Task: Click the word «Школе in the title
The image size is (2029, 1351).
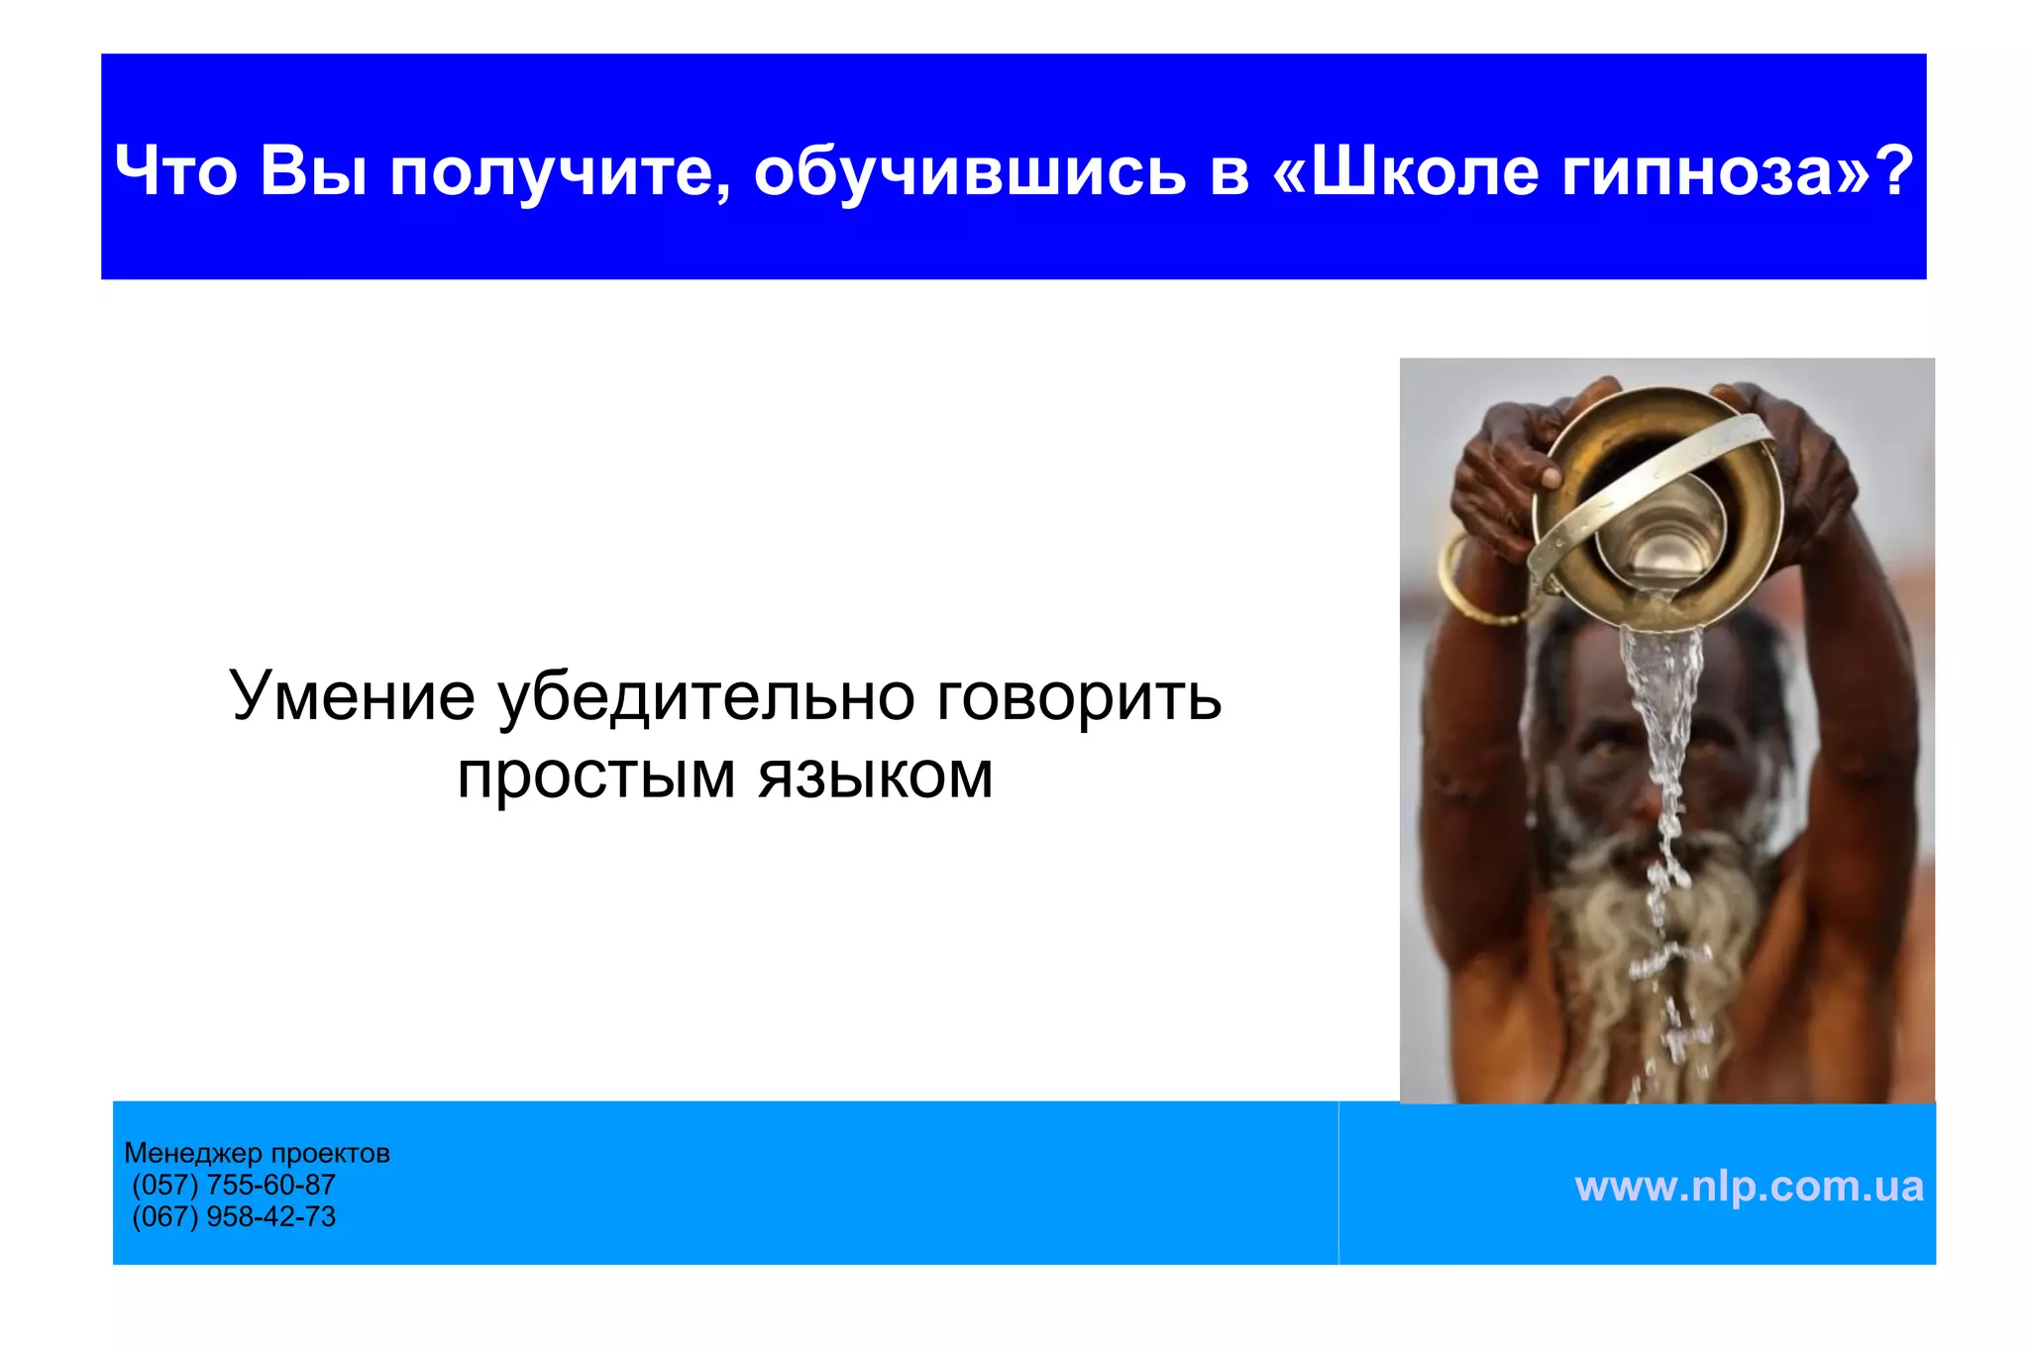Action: click(1404, 170)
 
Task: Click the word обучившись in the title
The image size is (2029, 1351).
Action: click(969, 170)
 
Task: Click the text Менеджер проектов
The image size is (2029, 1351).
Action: click(257, 1153)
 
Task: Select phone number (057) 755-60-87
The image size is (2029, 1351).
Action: click(234, 1185)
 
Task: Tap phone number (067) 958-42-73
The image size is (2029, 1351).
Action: click(234, 1216)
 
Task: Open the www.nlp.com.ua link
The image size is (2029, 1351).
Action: click(1749, 1186)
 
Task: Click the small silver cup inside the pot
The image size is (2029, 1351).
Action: click(1660, 535)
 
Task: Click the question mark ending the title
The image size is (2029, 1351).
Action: click(1894, 170)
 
